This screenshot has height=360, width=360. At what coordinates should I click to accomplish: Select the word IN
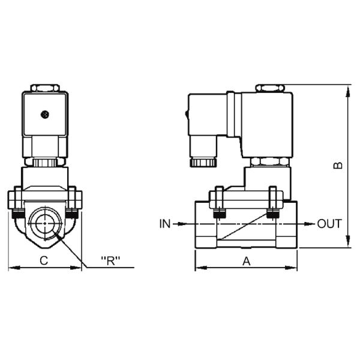click(x=165, y=224)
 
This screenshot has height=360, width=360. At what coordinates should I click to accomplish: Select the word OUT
click(x=329, y=224)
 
